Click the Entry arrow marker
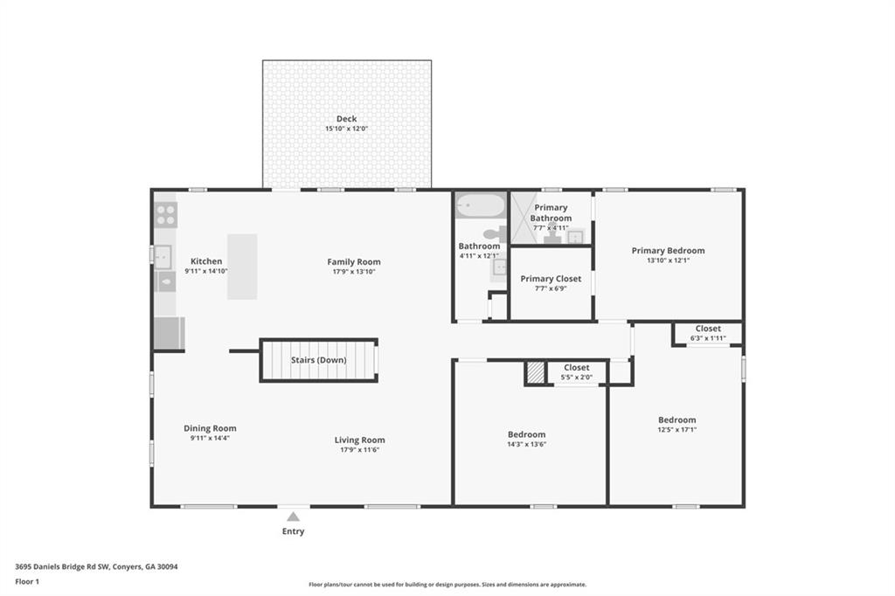click(x=293, y=516)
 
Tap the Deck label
click(x=346, y=120)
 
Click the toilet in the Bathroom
click(x=496, y=233)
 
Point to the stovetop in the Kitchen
click(x=166, y=214)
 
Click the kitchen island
click(x=242, y=267)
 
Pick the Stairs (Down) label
click(x=318, y=360)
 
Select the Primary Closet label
click(x=551, y=279)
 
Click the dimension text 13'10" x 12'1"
click(x=668, y=260)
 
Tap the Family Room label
click(x=354, y=261)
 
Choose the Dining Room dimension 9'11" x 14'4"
click(x=210, y=438)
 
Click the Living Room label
click(x=359, y=440)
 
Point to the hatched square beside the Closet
click(x=535, y=373)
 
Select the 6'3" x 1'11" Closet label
click(x=708, y=329)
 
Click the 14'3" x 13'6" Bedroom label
click(x=526, y=434)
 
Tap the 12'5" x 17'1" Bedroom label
click(x=676, y=420)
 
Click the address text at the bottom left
click(x=96, y=566)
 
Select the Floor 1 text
click(x=27, y=581)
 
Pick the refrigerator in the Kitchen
click(x=169, y=333)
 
